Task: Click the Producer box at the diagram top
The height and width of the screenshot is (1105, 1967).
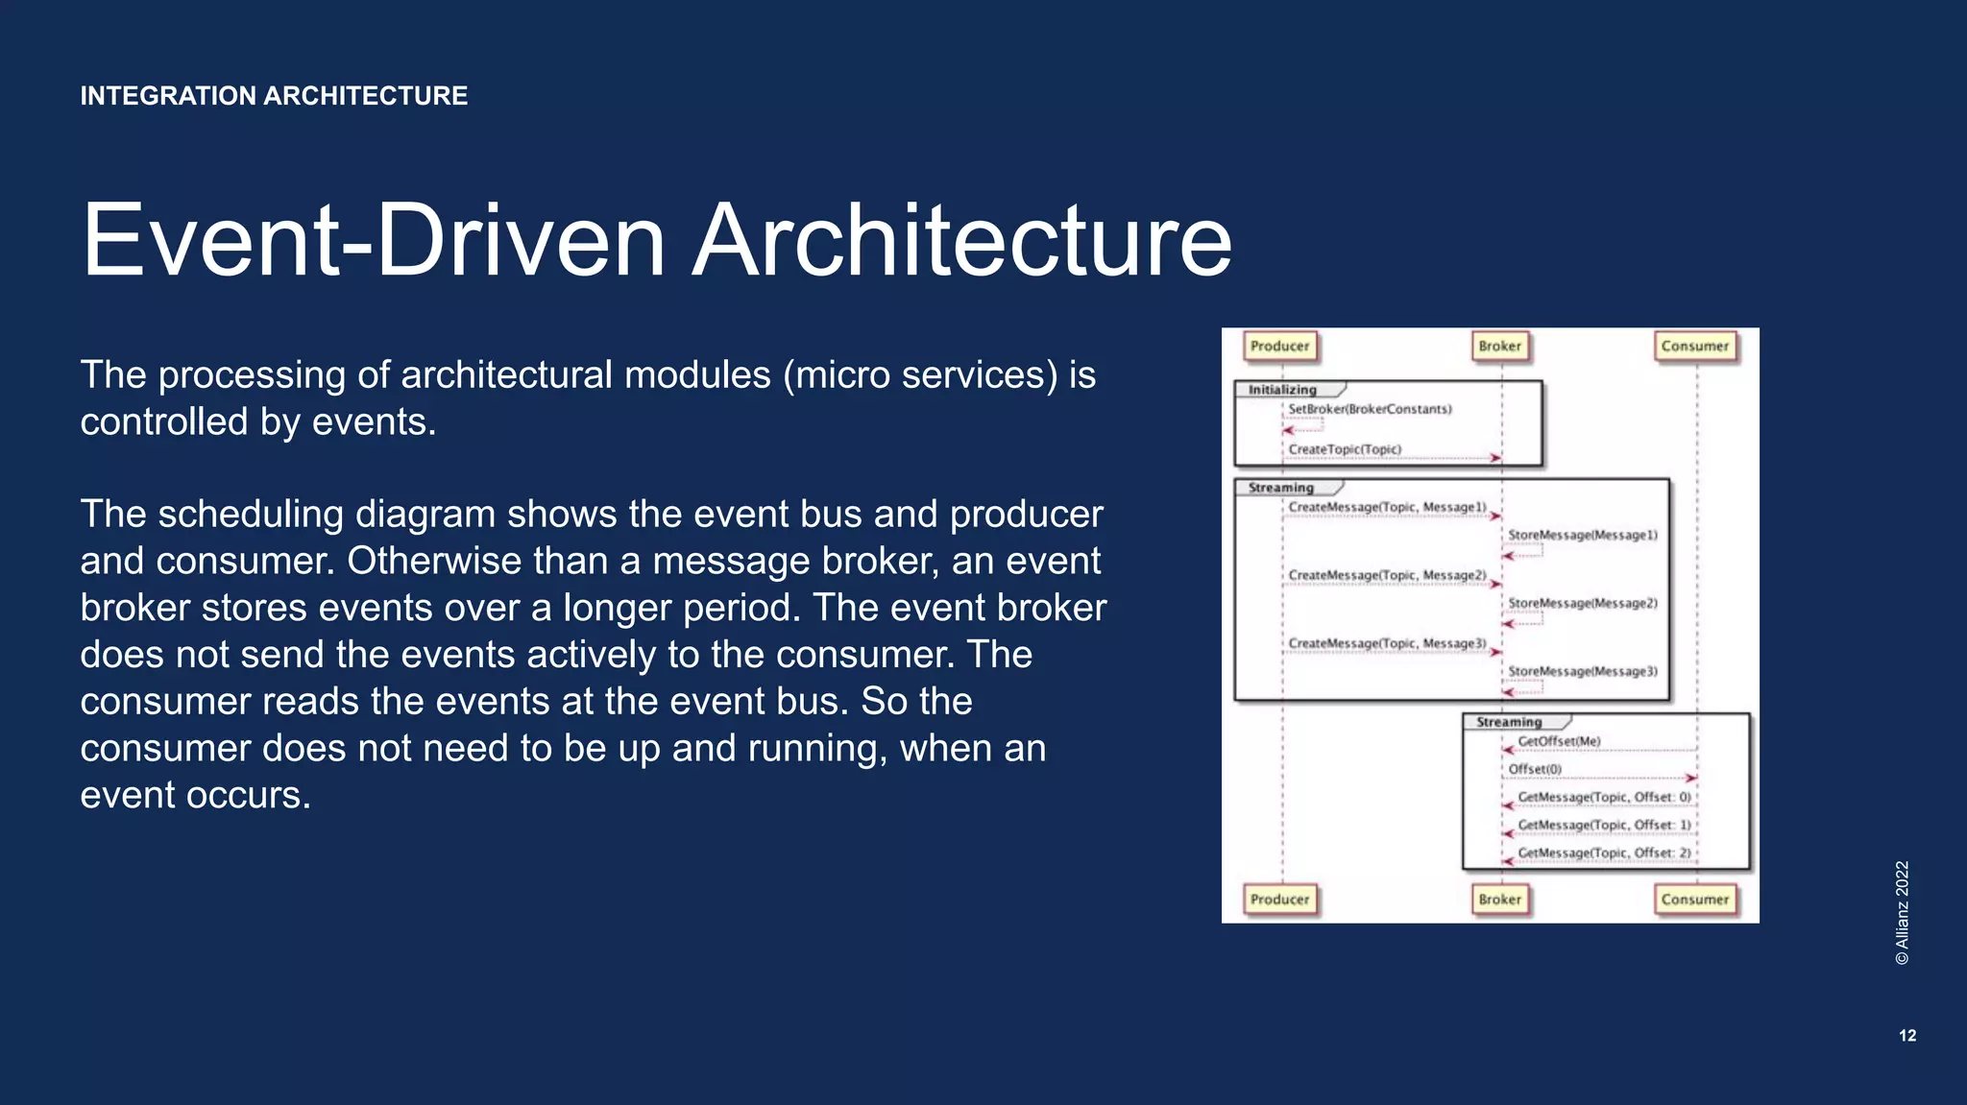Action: (x=1279, y=347)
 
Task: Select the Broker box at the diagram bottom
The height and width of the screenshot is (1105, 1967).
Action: (x=1499, y=900)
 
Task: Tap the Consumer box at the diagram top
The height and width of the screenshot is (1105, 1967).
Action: (x=1694, y=347)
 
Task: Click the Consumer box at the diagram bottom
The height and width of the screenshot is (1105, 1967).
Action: (x=1694, y=900)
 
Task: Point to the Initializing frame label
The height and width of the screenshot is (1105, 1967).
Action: (x=1282, y=390)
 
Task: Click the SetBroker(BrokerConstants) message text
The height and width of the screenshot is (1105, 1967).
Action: (x=1370, y=409)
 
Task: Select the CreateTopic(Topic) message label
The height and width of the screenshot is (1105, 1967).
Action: (x=1345, y=449)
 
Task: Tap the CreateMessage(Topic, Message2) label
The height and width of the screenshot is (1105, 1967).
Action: (x=1387, y=575)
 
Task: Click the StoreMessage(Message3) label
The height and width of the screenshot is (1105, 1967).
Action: (x=1583, y=671)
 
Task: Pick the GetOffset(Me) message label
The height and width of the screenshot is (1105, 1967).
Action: (x=1559, y=741)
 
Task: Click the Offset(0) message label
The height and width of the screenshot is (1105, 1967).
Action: (x=1535, y=769)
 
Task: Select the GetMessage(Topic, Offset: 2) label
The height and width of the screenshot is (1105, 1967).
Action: (x=1604, y=853)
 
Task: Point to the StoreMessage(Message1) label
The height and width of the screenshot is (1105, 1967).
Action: (x=1583, y=535)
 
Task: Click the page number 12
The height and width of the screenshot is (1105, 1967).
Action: (x=1907, y=1036)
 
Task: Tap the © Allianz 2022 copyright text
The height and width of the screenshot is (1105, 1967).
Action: (x=1903, y=912)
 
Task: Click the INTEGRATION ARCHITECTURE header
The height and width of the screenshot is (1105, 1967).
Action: (x=274, y=96)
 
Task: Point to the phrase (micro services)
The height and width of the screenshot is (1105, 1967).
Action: (x=920, y=375)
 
